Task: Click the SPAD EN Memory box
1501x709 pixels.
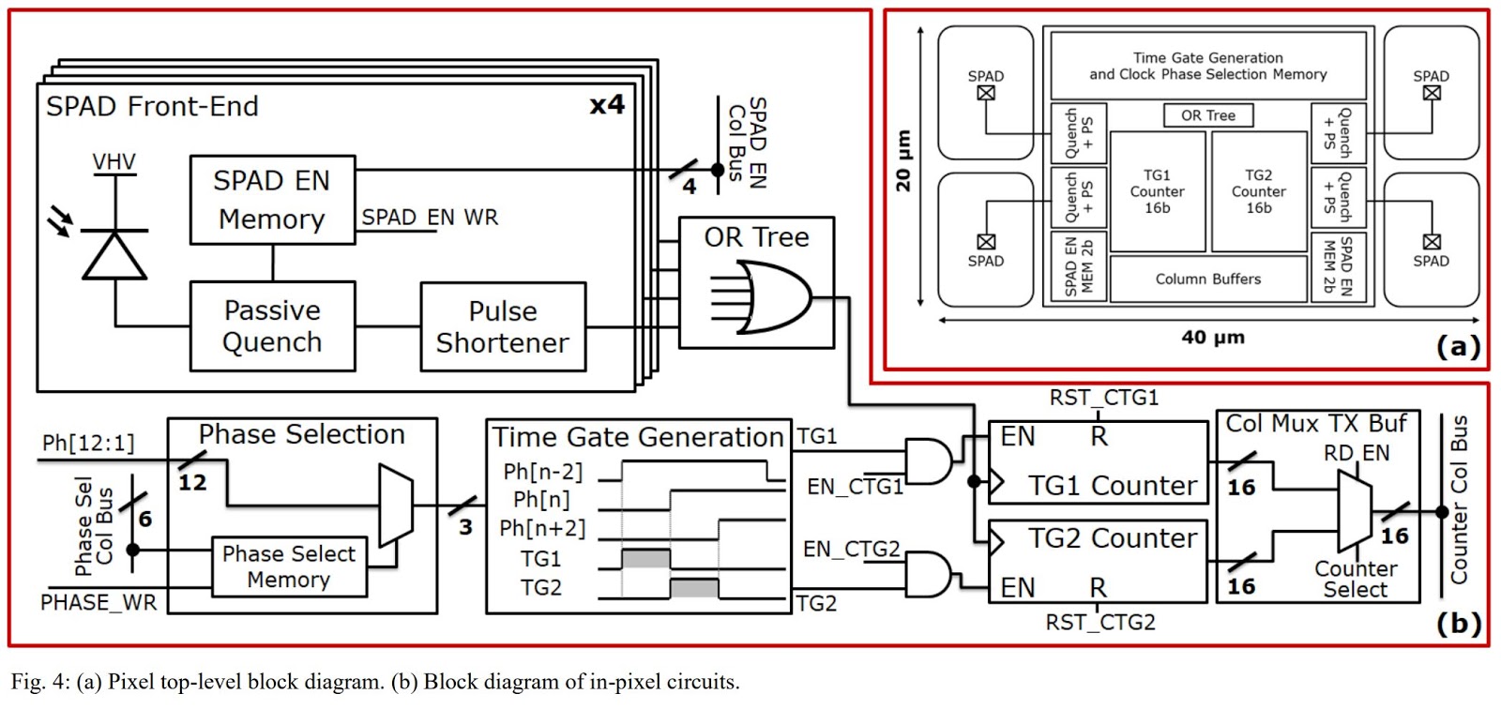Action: [x=272, y=200]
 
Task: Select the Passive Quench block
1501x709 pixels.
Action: [x=272, y=325]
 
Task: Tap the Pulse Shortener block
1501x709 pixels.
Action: [x=503, y=326]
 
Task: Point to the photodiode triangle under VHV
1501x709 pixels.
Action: [x=114, y=255]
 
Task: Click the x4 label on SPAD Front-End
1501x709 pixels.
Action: [x=607, y=104]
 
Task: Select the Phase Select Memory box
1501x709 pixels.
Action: [x=288, y=566]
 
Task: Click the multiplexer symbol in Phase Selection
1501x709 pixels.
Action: [x=395, y=505]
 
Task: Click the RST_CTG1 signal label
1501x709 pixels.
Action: [x=1103, y=398]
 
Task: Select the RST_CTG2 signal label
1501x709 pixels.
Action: [x=1100, y=622]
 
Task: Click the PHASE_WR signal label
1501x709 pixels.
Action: [x=99, y=602]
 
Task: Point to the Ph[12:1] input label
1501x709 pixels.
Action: [x=88, y=442]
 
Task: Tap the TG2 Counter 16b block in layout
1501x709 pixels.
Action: [x=1258, y=191]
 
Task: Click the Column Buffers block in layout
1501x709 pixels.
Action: [x=1207, y=279]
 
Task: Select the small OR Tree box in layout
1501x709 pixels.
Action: [x=1207, y=115]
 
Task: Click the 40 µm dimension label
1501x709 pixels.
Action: [x=1212, y=337]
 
